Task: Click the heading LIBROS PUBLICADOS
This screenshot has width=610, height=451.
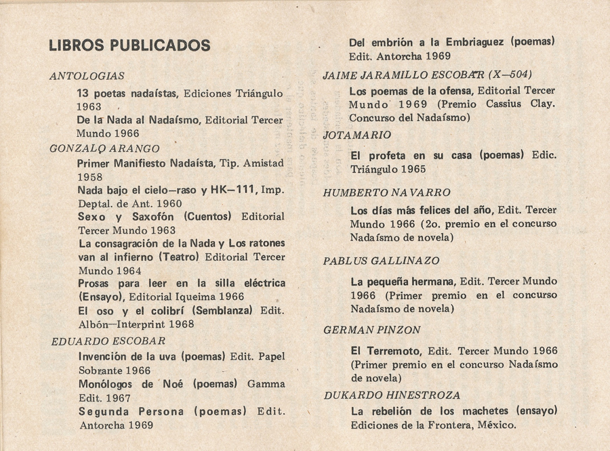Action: point(129,45)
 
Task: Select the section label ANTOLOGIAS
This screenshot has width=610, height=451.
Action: point(87,77)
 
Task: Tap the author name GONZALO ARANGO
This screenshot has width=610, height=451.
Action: point(105,148)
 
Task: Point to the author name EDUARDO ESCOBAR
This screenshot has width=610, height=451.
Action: point(108,341)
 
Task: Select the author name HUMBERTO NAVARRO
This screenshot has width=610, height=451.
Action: point(387,193)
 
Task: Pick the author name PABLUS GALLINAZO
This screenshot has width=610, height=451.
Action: point(381,261)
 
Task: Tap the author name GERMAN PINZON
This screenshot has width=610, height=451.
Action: point(372,330)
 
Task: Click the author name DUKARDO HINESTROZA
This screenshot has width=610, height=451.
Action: point(392,395)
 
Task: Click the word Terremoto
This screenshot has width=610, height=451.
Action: point(394,351)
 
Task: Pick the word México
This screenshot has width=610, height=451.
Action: point(496,425)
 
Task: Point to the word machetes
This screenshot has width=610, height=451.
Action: point(485,411)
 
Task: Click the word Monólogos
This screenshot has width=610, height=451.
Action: point(110,384)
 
